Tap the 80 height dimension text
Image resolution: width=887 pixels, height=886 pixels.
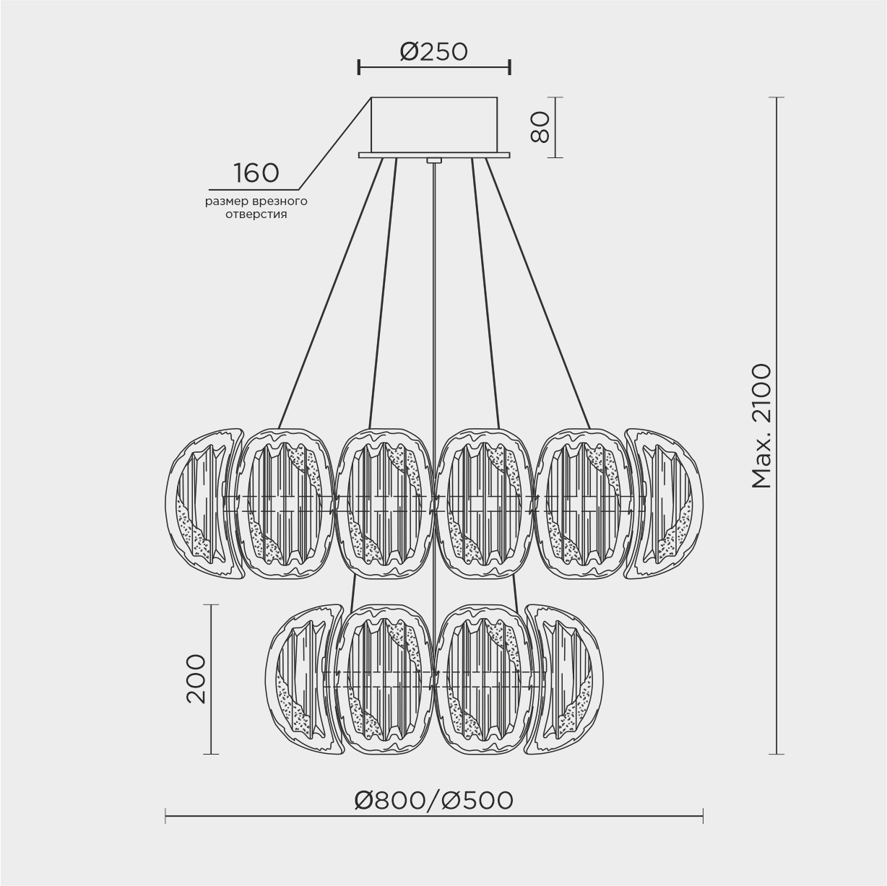(540, 128)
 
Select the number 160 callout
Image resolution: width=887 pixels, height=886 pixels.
(256, 173)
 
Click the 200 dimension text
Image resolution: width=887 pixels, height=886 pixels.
(196, 679)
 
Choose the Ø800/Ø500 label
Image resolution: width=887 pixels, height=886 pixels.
(433, 801)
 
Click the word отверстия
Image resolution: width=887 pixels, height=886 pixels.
(256, 214)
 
